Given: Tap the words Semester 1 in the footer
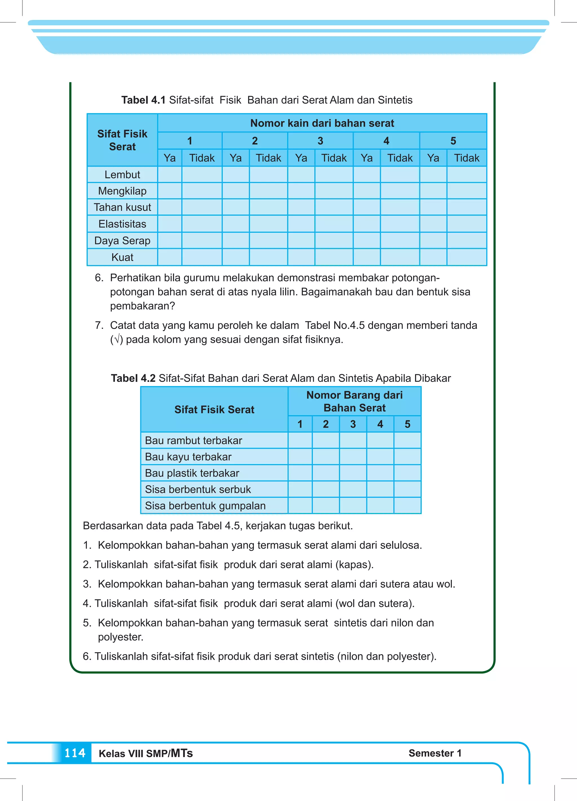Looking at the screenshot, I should [x=435, y=753].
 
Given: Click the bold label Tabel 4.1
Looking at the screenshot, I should [x=143, y=100].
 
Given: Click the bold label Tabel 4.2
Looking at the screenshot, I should [x=133, y=378].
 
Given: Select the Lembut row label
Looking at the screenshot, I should [x=122, y=174].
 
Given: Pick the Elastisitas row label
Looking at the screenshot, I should [x=122, y=224].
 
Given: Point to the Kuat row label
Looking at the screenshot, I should [x=122, y=257].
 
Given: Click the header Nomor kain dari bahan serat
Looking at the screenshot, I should [x=322, y=123].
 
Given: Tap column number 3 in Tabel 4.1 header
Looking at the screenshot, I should [x=320, y=141].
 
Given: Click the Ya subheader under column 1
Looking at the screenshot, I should [x=170, y=158].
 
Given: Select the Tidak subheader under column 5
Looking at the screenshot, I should [x=467, y=158].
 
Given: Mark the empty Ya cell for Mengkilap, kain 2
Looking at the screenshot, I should [x=236, y=191].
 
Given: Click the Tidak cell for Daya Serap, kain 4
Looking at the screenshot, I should [x=400, y=240].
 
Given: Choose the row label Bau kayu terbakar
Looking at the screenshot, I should [x=188, y=457].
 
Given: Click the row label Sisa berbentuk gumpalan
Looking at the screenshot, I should [x=205, y=505].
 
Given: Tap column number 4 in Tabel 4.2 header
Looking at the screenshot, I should [x=380, y=424].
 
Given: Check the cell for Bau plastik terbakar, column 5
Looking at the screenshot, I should [x=407, y=473].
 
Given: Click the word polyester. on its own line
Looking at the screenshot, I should [x=120, y=637].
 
